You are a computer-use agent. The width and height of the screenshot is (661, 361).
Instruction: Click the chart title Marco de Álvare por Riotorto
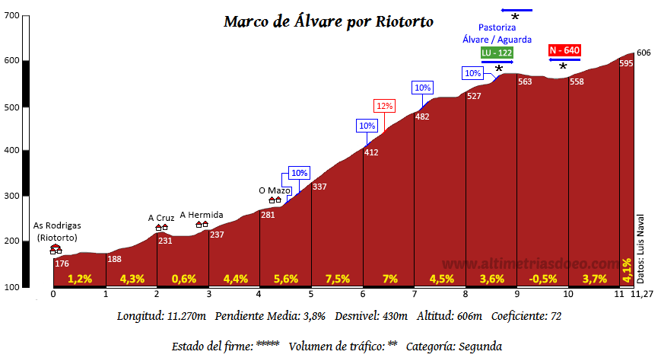329,21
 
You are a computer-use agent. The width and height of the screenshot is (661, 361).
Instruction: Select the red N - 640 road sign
564,50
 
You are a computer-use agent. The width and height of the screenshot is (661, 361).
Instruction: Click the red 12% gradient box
384,106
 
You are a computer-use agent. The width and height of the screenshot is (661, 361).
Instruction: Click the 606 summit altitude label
644,53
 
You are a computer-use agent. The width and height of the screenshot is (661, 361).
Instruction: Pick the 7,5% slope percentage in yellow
337,279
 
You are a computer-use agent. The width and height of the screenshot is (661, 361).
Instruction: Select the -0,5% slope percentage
543,279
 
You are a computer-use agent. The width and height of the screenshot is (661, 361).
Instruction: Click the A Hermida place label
202,216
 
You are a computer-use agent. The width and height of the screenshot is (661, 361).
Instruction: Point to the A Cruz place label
161,218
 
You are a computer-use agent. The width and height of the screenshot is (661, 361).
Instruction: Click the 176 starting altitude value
62,264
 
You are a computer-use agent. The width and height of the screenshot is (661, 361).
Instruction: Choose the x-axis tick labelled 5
311,294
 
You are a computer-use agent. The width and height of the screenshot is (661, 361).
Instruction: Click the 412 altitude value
371,153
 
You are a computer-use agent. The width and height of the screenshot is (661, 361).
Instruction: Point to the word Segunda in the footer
478,346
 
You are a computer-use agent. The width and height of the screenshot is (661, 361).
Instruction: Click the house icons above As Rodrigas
56,249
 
